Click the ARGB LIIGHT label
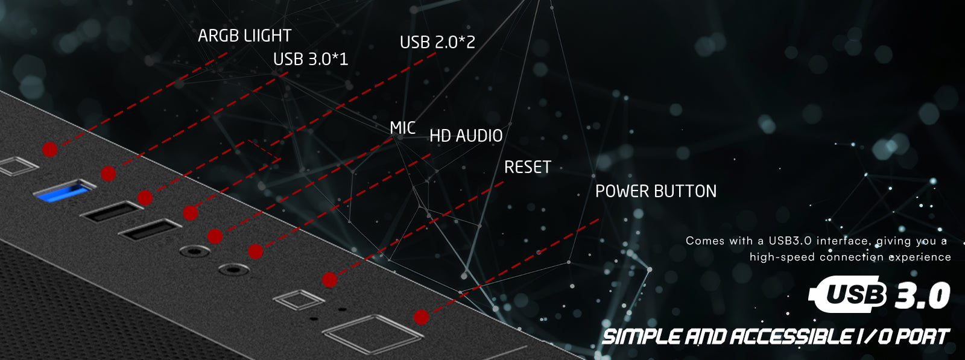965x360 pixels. pyautogui.click(x=244, y=36)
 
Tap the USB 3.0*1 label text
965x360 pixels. pyautogui.click(x=310, y=59)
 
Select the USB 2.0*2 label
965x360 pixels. pyautogui.click(x=437, y=42)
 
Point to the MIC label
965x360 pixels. pyautogui.click(x=402, y=128)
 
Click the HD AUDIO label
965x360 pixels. pyautogui.click(x=466, y=136)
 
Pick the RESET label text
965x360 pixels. pyautogui.click(x=527, y=167)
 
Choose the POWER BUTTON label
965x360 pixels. pyautogui.click(x=656, y=191)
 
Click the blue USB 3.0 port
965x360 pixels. pyautogui.click(x=63, y=192)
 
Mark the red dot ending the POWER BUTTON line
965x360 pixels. pyautogui.click(x=421, y=317)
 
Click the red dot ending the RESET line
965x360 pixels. pyautogui.click(x=329, y=280)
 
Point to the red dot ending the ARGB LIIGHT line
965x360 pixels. pyautogui.click(x=49, y=149)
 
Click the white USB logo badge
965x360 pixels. pyautogui.click(x=850, y=294)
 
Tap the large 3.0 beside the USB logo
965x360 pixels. pyautogui.click(x=923, y=295)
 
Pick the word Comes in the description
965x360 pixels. pyautogui.click(x=704, y=241)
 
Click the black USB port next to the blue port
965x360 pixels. pyautogui.click(x=112, y=211)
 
